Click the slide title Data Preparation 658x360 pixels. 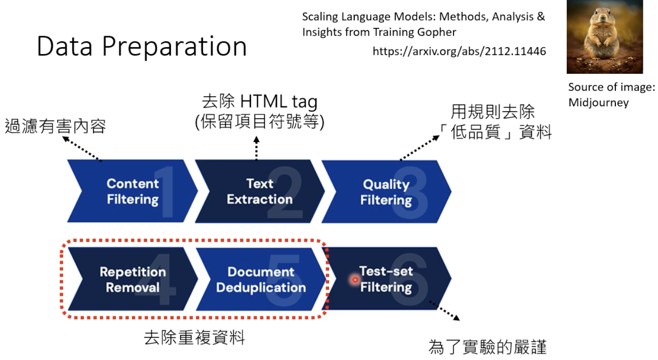point(142,47)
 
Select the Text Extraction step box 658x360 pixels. point(259,191)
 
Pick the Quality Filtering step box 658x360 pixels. point(386,192)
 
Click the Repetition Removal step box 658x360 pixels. point(132,279)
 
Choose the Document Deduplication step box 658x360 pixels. point(261,279)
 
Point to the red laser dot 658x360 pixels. point(354,279)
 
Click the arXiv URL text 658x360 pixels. point(459,51)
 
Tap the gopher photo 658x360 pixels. point(604,37)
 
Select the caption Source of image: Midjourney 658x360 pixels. point(611,95)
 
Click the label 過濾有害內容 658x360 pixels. point(55,126)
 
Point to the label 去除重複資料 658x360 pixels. point(194,338)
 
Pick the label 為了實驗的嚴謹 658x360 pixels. point(488,347)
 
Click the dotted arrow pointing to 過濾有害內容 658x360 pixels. point(82,149)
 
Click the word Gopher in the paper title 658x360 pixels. point(440,32)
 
